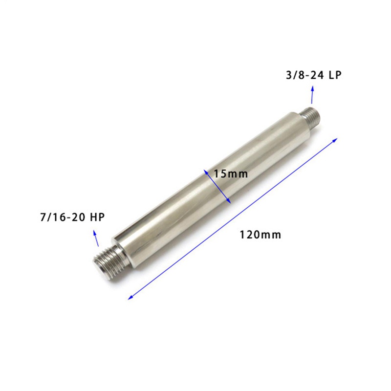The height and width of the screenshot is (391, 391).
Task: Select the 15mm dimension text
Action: tap(231, 174)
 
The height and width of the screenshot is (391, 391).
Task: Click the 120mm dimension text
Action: tap(260, 235)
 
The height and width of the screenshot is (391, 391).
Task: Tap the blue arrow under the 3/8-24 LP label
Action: tap(312, 95)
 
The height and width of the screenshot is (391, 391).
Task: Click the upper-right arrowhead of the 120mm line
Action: tap(335, 140)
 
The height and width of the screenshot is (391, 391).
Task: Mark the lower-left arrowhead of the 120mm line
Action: tap(130, 297)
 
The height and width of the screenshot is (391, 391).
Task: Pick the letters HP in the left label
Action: tap(98, 217)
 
